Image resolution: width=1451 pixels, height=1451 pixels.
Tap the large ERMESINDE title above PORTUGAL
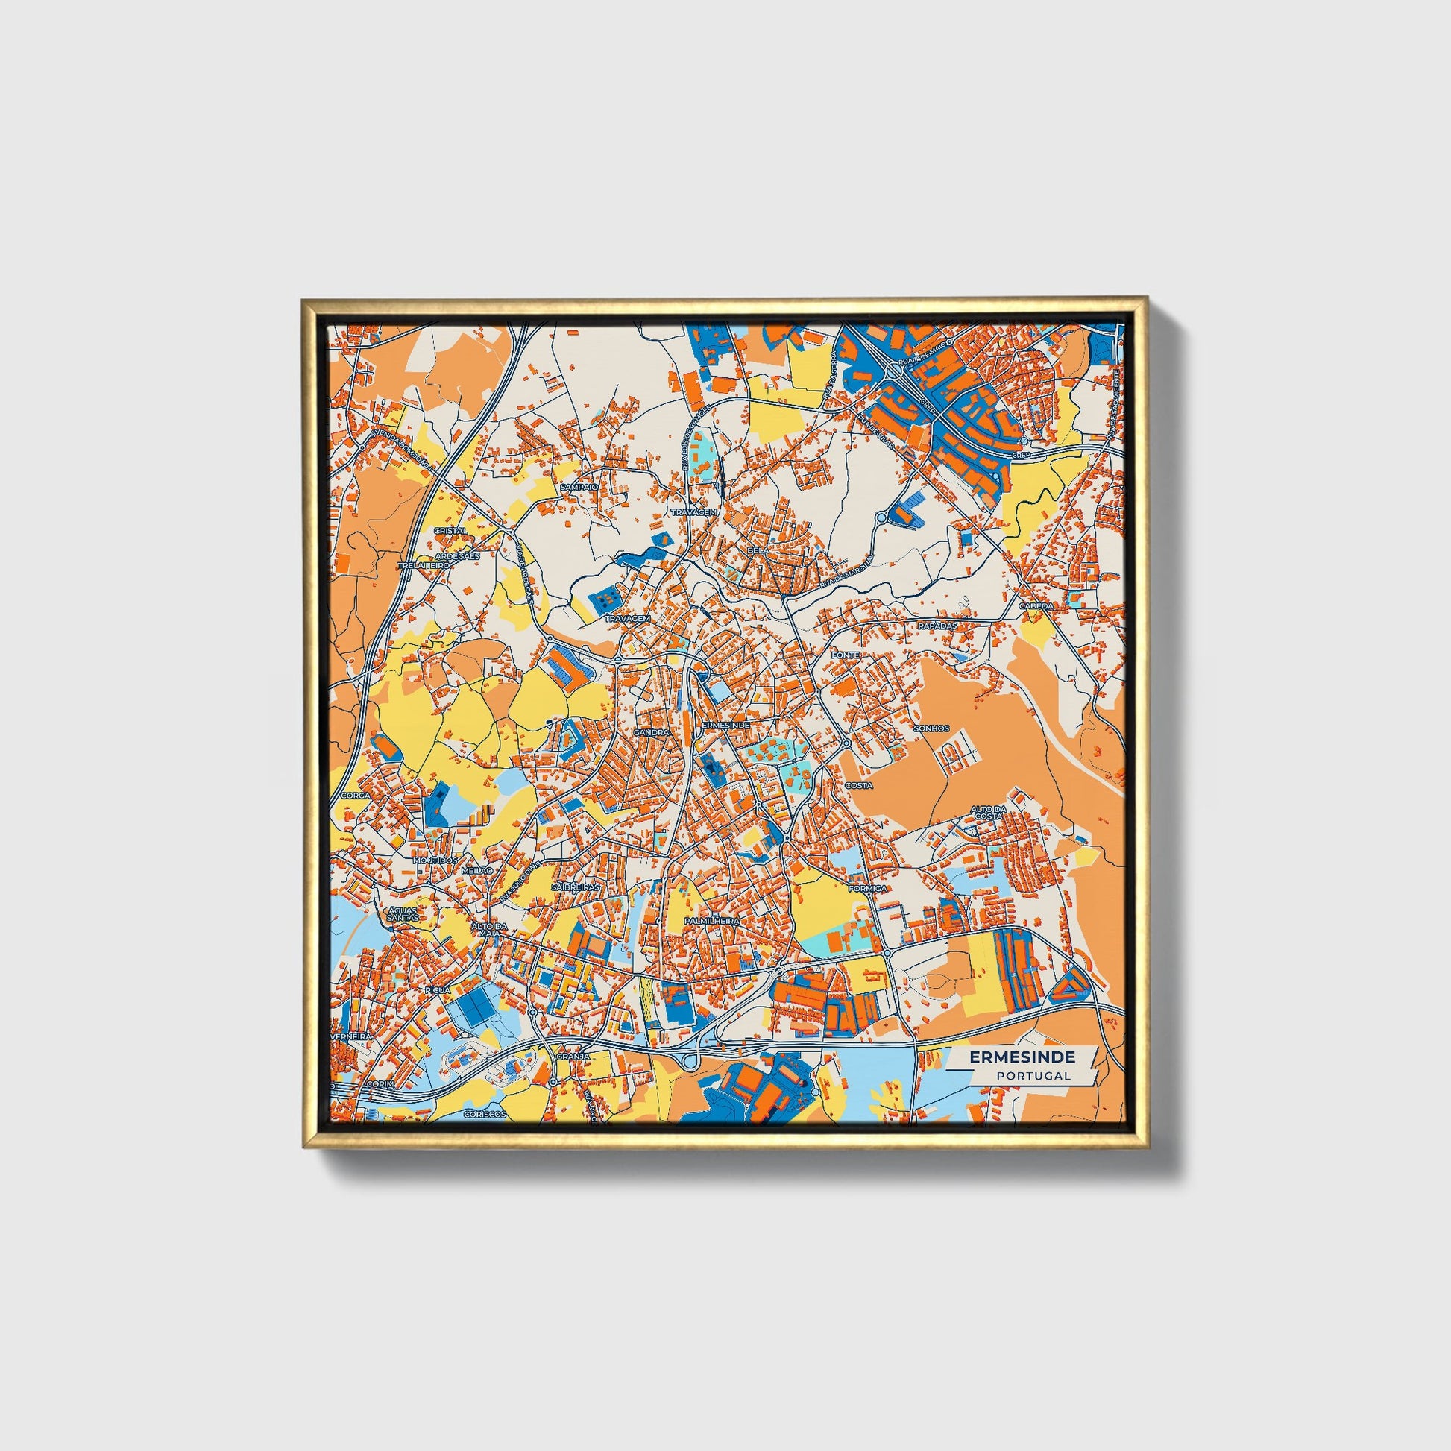point(1022,1057)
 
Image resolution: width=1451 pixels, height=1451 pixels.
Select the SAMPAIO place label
point(579,487)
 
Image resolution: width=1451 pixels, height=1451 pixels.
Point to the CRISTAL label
point(450,530)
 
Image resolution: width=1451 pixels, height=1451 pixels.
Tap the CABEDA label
point(1036,605)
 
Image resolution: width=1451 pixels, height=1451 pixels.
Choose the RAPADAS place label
point(938,625)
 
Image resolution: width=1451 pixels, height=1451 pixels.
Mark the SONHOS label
point(931,728)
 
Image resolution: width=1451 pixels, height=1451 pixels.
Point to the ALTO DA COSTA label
point(987,812)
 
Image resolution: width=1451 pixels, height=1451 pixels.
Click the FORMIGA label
point(867,888)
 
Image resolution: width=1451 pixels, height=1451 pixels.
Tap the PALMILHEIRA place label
point(712,920)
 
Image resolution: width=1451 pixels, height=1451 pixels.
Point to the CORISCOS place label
point(485,1115)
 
